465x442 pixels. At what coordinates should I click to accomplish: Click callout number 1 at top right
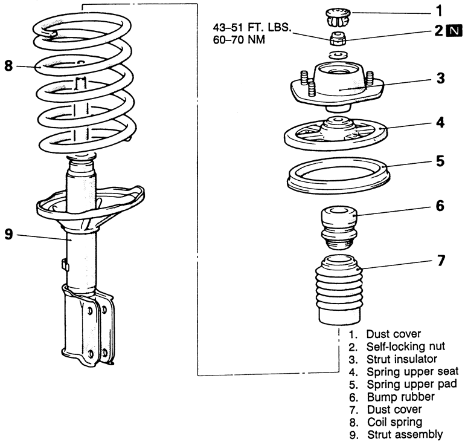coord(439,10)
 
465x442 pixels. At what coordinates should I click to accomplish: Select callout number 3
coord(440,78)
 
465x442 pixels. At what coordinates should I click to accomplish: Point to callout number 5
coord(440,161)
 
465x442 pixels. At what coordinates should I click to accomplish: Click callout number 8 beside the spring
coord(8,65)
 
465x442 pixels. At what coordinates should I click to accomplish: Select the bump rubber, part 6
coord(338,227)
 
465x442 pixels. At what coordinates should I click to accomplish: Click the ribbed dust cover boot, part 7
coord(338,290)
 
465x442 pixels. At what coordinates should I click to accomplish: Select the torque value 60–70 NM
coord(240,40)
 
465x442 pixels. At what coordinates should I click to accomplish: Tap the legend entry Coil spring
coord(392,421)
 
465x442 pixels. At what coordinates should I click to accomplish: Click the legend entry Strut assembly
coord(403,434)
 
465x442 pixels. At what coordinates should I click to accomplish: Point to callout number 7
coord(440,261)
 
